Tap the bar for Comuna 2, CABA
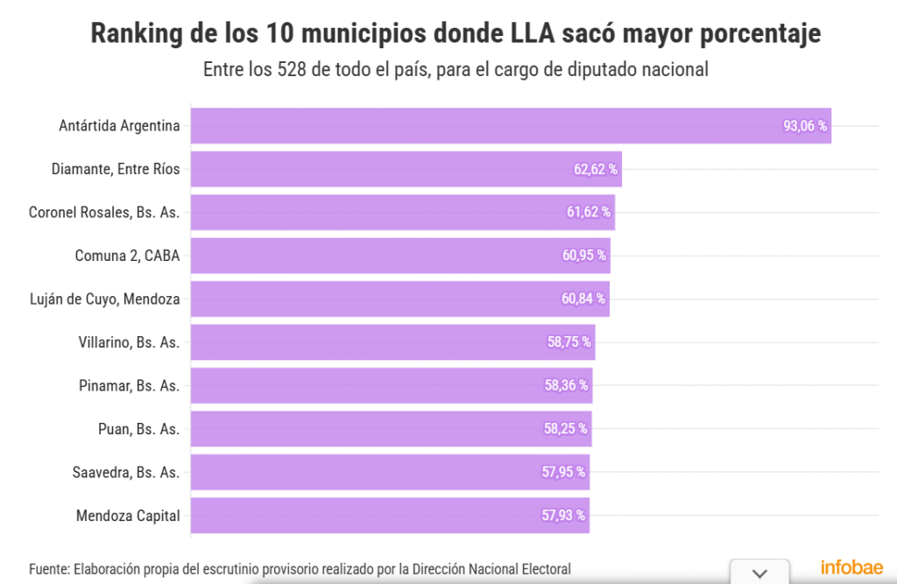point(399,256)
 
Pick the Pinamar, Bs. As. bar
point(391,385)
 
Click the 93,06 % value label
point(805,126)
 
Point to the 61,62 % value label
point(589,213)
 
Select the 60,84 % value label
point(583,299)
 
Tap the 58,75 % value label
point(569,342)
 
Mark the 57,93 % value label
point(563,516)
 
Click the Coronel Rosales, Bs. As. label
point(104,212)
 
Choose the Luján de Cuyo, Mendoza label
point(105,299)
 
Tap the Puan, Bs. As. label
point(138,429)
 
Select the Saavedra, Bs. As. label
point(126,473)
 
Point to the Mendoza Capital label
point(128,516)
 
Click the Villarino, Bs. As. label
point(129,342)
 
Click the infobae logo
point(851,567)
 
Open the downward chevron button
point(759,573)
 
